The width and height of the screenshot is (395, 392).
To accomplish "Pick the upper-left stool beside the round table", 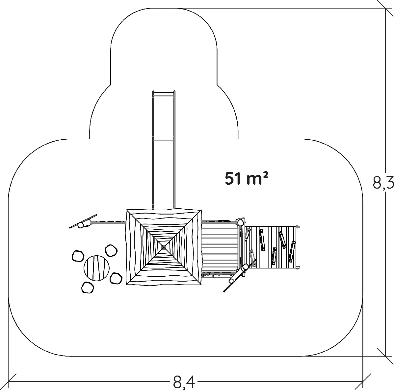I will [78, 256].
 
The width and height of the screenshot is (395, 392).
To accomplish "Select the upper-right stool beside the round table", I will [111, 250].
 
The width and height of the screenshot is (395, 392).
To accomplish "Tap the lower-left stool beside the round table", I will [87, 287].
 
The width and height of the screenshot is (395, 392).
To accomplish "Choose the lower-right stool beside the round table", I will [116, 279].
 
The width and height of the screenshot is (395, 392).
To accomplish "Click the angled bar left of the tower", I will [83, 222].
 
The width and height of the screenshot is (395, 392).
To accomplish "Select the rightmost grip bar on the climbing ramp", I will [291, 251].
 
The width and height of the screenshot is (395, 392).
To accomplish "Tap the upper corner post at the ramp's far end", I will [298, 226].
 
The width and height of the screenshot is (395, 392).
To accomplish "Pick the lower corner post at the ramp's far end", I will [298, 267].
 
